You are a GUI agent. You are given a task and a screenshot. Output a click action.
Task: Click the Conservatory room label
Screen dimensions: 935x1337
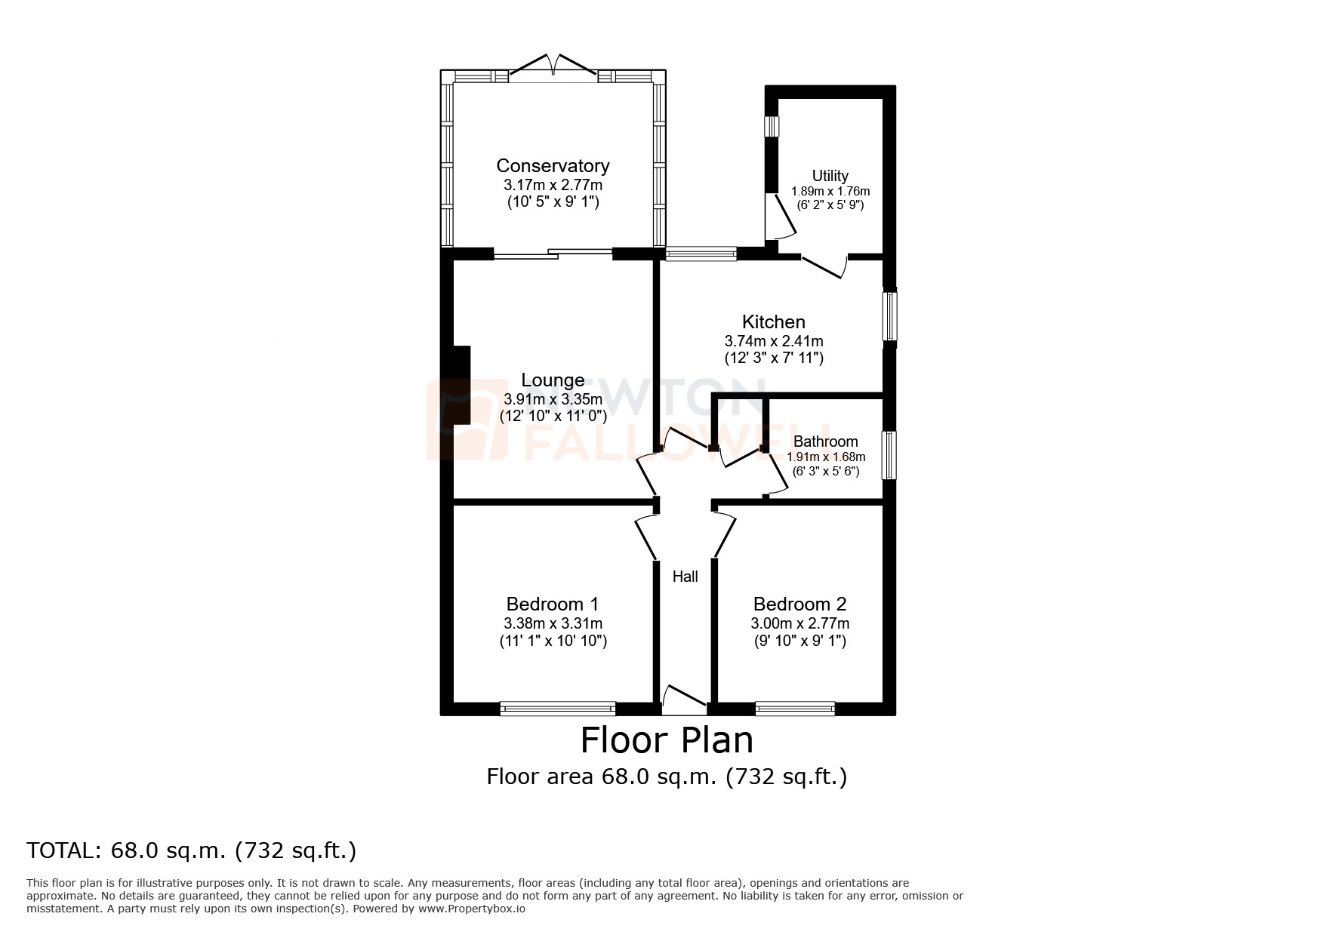click(x=553, y=166)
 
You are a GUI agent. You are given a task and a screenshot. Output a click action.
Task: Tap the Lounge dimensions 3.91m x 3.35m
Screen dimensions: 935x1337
click(x=553, y=399)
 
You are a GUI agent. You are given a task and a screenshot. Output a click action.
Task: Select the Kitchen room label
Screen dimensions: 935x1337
click(x=773, y=322)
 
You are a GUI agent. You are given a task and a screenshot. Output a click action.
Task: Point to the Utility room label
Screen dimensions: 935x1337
click(x=830, y=176)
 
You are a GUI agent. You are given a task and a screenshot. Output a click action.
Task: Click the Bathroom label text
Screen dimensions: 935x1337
click(x=825, y=441)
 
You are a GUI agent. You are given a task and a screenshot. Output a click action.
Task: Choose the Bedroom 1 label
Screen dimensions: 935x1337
click(x=553, y=604)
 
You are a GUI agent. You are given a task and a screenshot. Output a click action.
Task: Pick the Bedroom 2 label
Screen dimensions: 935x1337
click(x=799, y=604)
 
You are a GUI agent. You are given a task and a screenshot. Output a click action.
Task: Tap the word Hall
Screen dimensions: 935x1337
click(x=685, y=577)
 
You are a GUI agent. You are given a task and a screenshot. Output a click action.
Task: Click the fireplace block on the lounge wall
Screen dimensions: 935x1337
click(x=461, y=385)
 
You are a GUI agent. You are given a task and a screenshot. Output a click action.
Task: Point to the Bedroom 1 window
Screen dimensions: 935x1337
click(x=557, y=708)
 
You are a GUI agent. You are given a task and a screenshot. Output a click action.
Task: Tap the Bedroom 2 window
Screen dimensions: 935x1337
click(x=794, y=708)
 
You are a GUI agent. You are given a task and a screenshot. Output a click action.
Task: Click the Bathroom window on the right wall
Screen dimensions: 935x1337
click(x=890, y=455)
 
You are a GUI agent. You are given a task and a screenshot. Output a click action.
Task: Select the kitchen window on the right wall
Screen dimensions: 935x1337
click(x=890, y=316)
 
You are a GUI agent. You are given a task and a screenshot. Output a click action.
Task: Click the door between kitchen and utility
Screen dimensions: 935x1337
click(x=824, y=266)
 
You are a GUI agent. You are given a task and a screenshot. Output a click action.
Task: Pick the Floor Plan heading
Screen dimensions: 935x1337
click(x=667, y=740)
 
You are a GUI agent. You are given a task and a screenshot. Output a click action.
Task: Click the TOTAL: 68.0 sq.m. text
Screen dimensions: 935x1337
click(x=192, y=850)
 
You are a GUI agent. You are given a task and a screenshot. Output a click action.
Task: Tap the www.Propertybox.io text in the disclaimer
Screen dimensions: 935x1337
click(x=472, y=909)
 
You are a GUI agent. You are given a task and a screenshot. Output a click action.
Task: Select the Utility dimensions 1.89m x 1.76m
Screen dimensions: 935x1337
click(x=830, y=191)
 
